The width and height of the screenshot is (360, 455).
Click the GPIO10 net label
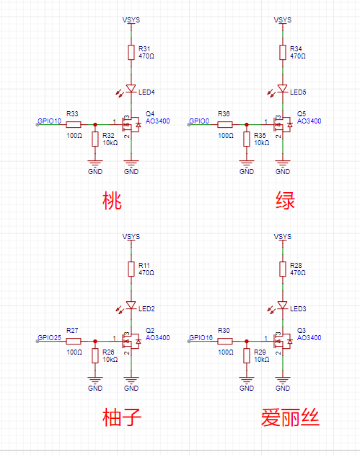click(x=50, y=121)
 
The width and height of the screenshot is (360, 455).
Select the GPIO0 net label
click(x=199, y=121)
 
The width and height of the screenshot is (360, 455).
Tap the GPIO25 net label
click(x=50, y=338)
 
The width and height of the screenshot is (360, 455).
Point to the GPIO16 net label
click(x=201, y=338)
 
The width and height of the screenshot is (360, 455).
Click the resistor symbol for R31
click(x=131, y=53)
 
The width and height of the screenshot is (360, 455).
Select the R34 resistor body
click(x=283, y=53)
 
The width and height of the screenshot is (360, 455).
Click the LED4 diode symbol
click(x=131, y=89)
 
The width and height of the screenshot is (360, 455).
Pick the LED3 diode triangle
click(x=283, y=305)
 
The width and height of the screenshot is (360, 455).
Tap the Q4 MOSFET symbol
click(x=132, y=124)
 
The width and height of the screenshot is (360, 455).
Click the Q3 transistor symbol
click(x=284, y=341)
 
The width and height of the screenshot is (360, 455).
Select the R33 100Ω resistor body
click(x=74, y=125)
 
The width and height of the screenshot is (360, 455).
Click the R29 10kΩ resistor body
click(x=247, y=356)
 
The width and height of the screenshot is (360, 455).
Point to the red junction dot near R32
click(x=95, y=125)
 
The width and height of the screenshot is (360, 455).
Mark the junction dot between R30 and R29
click(x=247, y=342)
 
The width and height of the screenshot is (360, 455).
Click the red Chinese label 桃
click(x=112, y=201)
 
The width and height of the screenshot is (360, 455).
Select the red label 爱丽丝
click(x=290, y=417)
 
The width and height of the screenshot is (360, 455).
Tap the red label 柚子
click(x=122, y=417)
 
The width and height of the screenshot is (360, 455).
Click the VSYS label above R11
click(x=131, y=237)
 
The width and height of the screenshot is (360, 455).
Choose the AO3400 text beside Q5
click(x=309, y=121)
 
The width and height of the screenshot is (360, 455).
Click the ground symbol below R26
click(x=95, y=380)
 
